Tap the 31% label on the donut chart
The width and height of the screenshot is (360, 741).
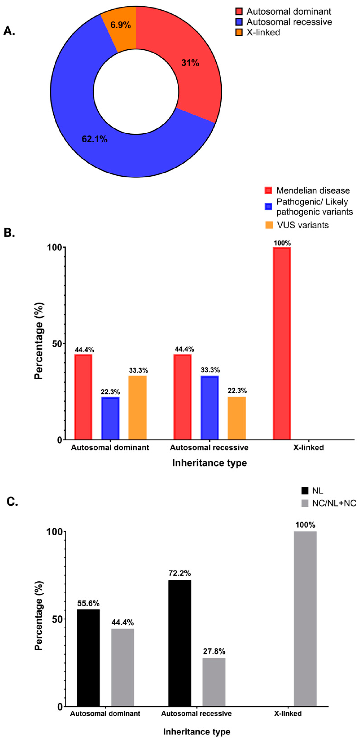[190, 63]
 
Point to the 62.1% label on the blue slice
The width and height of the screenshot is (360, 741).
[94, 139]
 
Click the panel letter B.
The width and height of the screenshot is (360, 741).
[9, 233]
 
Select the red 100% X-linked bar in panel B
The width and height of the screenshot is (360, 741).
[282, 343]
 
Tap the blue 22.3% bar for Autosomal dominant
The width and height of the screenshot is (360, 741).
[110, 418]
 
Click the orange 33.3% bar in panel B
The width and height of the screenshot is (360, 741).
[137, 408]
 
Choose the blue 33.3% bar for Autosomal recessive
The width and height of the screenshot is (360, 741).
[209, 408]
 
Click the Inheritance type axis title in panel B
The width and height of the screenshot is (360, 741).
[209, 463]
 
